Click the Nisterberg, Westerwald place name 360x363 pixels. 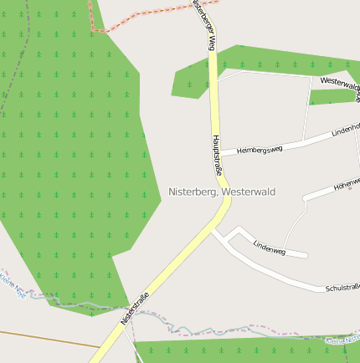click(x=222, y=192)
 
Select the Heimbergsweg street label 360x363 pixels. click(x=260, y=149)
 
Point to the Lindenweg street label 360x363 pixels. click(x=269, y=248)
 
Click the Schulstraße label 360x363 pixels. click(x=342, y=288)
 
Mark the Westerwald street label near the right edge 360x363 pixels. click(x=339, y=84)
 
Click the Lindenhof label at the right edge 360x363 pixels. click(x=346, y=129)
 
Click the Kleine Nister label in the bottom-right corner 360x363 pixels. click(x=343, y=340)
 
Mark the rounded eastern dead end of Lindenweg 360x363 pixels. click(x=306, y=254)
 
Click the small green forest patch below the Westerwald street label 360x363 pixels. click(x=331, y=97)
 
